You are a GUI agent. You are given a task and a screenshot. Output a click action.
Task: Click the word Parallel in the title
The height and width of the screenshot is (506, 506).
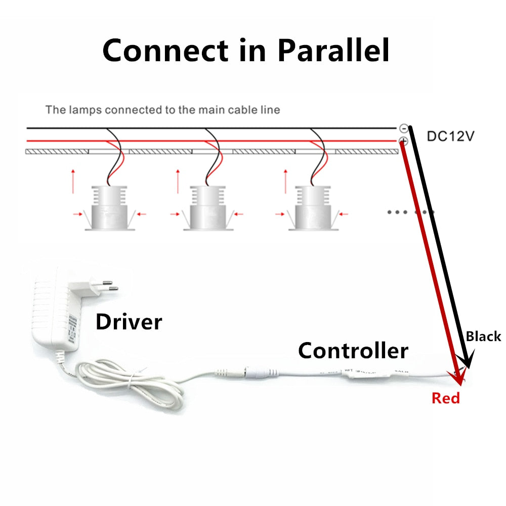tap(334, 51)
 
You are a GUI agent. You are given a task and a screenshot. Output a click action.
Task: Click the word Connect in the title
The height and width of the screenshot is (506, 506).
tap(165, 51)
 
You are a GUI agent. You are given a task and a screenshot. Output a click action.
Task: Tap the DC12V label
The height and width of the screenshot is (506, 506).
tap(451, 136)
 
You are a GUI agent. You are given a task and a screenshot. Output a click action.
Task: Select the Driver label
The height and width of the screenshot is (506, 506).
tap(129, 322)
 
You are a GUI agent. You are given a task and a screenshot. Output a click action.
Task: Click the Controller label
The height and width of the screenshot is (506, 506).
tap(353, 350)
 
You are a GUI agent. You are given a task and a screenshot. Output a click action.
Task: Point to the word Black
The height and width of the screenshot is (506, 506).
tap(483, 336)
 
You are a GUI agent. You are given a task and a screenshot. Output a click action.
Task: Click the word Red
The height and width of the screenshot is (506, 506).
tap(446, 398)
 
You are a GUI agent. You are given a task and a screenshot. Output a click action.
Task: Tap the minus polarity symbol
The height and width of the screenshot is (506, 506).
tap(404, 129)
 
